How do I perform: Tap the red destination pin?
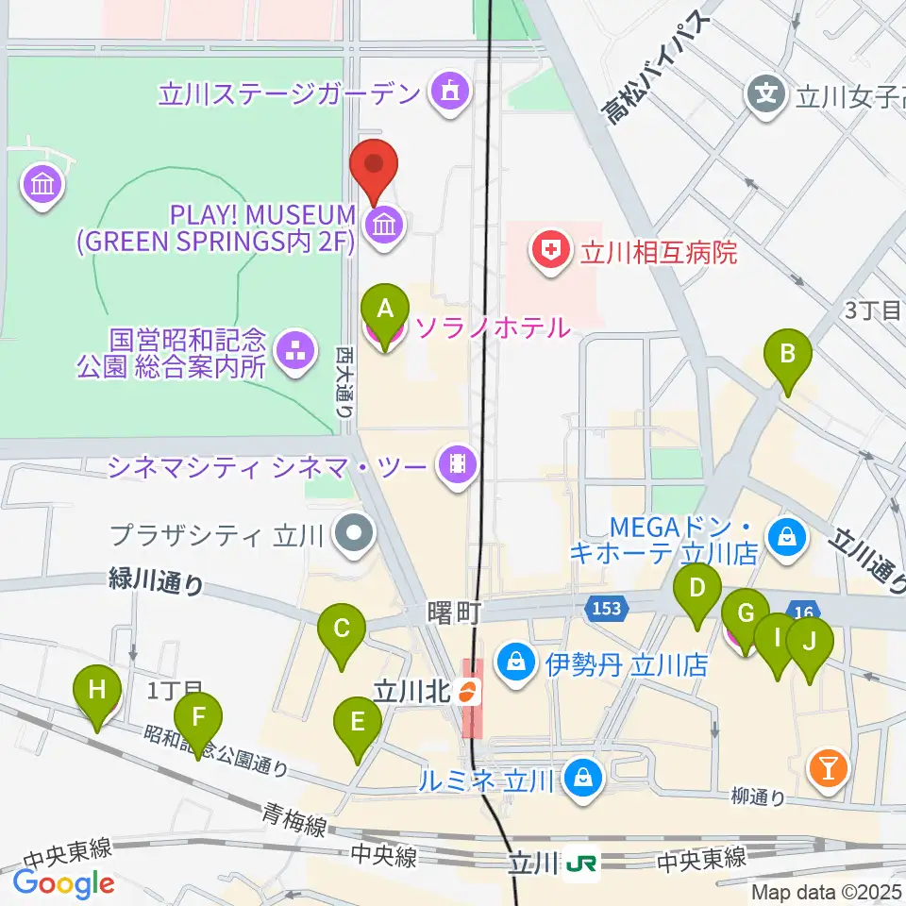click(x=375, y=168)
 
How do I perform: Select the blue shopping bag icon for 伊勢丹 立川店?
click(x=517, y=663)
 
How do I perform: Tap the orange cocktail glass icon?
click(x=829, y=769)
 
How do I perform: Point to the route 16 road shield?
click(x=803, y=612)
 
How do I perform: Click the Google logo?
click(x=63, y=883)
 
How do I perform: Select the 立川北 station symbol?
click(x=464, y=693)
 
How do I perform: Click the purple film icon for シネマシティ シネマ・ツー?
click(x=458, y=462)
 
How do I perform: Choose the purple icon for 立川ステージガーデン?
click(x=446, y=92)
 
